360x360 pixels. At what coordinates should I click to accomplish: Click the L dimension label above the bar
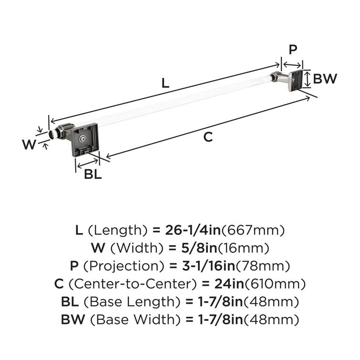point(165,82)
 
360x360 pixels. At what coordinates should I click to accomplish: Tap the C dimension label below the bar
point(208,137)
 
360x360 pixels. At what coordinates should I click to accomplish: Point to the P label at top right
point(293,50)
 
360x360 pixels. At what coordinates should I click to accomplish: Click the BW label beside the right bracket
point(325,79)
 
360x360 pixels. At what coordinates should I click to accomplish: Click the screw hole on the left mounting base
point(84,139)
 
